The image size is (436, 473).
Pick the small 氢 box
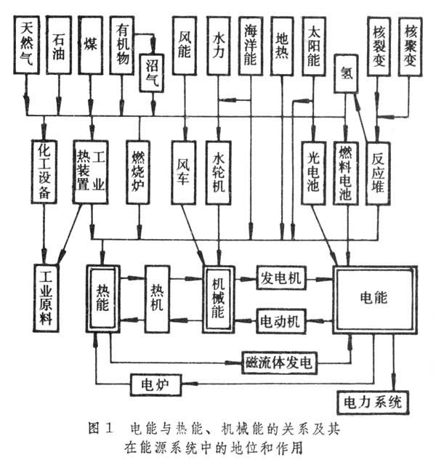[x=347, y=73]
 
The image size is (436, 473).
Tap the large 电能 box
[x=374, y=298]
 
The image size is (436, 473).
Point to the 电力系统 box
[x=372, y=400]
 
